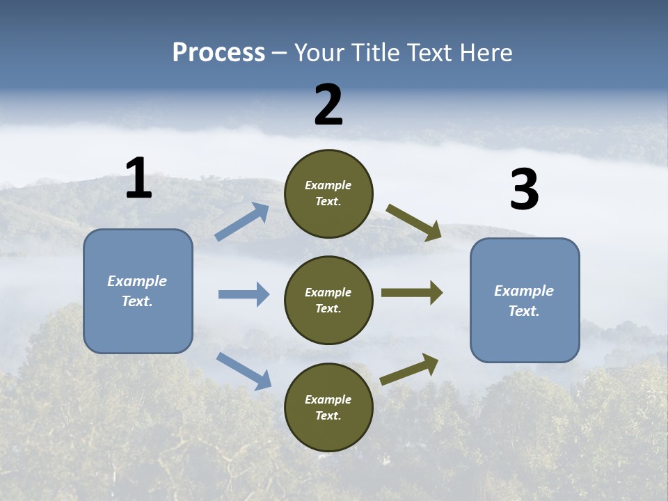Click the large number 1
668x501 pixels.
pos(138,178)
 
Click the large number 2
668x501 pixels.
pos(328,105)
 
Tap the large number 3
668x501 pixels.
pos(524,190)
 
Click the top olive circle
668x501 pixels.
pos(328,193)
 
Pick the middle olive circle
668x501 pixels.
pos(328,301)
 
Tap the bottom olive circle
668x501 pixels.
pos(328,408)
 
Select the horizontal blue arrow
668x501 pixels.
pos(244,294)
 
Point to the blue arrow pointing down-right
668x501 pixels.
pos(244,370)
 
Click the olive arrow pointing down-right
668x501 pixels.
pos(414,222)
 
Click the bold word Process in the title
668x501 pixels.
pos(218,52)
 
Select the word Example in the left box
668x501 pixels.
pos(137,281)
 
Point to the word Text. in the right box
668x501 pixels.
pos(524,311)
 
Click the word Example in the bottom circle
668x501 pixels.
pos(328,399)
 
